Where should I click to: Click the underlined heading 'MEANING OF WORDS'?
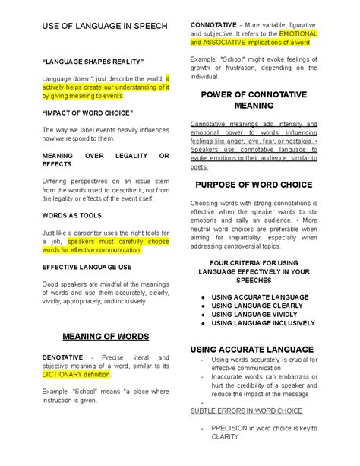[106, 336]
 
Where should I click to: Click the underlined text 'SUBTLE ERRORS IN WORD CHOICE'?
[246, 411]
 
